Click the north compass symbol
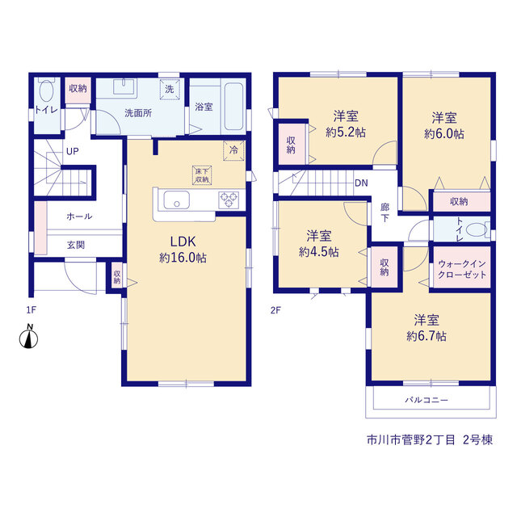pyautogui.click(x=29, y=337)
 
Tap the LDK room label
pyautogui.click(x=183, y=242)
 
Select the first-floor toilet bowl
pyautogui.click(x=46, y=90)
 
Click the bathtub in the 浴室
pyautogui.click(x=233, y=106)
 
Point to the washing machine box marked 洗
pyautogui.click(x=170, y=89)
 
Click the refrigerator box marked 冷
pyautogui.click(x=233, y=151)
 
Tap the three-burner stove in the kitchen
pyautogui.click(x=229, y=200)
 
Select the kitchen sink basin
pyautogui.click(x=177, y=200)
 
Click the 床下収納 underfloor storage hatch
pyautogui.click(x=202, y=175)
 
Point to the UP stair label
pyautogui.click(x=73, y=151)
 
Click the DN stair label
pyautogui.click(x=361, y=183)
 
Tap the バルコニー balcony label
pyautogui.click(x=427, y=400)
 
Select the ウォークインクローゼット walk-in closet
pyautogui.click(x=461, y=269)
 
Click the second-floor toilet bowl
pyautogui.click(x=476, y=229)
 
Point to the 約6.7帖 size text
pyautogui.click(x=427, y=336)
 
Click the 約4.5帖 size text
pyautogui.click(x=319, y=252)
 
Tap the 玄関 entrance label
pyautogui.click(x=76, y=245)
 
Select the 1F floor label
pyautogui.click(x=32, y=310)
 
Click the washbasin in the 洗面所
pyautogui.click(x=124, y=86)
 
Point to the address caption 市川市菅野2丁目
pyautogui.click(x=411, y=439)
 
